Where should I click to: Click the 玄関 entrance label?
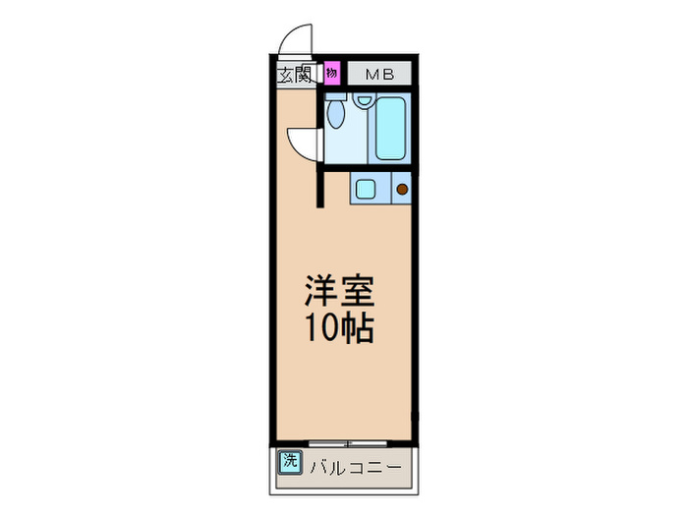click(293, 75)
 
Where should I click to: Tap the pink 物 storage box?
click(332, 73)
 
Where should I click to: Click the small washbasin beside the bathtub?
click(363, 100)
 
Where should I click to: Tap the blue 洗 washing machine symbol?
click(289, 460)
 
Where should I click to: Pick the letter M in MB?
click(373, 74)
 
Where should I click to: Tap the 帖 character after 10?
click(356, 329)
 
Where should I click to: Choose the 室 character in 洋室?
click(356, 292)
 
